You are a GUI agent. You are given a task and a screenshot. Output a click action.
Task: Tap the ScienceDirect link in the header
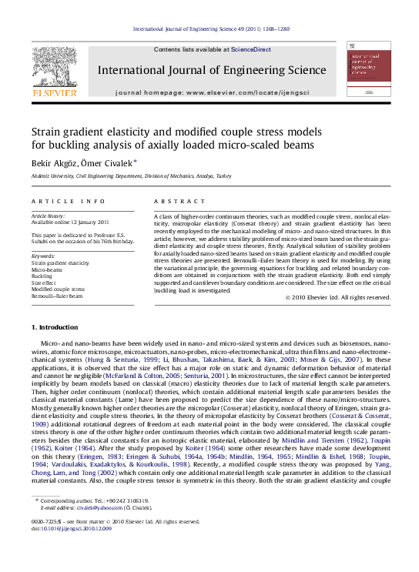tap(251, 49)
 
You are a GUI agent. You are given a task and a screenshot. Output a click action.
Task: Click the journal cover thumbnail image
tap(367, 69)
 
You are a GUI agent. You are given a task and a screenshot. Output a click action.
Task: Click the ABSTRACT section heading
tap(174, 201)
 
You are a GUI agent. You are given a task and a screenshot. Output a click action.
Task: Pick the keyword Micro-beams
tap(47, 270)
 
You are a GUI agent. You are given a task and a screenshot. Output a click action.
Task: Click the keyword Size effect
tap(43, 283)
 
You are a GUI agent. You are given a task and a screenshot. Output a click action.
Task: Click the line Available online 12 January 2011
tap(69, 222)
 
